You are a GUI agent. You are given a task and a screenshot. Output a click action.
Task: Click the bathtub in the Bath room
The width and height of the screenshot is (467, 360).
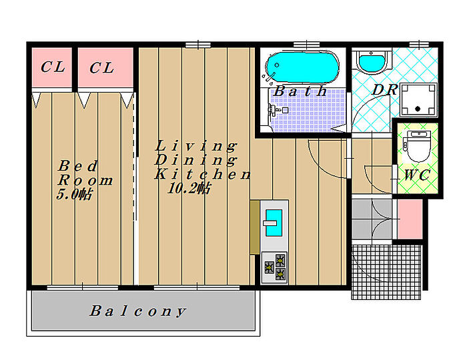pyautogui.click(x=302, y=67)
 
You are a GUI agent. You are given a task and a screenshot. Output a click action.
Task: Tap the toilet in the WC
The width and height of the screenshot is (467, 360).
pyautogui.click(x=418, y=147)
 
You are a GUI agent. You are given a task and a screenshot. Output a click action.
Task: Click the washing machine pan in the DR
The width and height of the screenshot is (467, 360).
pyautogui.click(x=418, y=100)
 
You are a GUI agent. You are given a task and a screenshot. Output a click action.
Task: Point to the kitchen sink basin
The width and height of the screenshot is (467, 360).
pyautogui.click(x=274, y=223)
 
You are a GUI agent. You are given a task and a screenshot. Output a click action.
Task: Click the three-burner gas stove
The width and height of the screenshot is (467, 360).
pyautogui.click(x=274, y=267)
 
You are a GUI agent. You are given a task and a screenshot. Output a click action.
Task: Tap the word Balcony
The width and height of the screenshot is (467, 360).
pyautogui.click(x=138, y=311)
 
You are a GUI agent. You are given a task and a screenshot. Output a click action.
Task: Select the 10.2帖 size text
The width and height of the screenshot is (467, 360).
pyautogui.click(x=189, y=188)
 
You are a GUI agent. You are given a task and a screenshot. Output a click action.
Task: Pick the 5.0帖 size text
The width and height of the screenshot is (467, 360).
pyautogui.click(x=74, y=194)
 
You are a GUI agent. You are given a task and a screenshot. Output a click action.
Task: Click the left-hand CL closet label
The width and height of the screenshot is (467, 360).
pyautogui.click(x=53, y=67)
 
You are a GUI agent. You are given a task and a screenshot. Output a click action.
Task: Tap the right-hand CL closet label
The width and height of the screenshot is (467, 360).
pyautogui.click(x=101, y=68)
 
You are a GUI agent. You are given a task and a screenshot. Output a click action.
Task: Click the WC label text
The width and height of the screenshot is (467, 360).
pyautogui.click(x=417, y=175)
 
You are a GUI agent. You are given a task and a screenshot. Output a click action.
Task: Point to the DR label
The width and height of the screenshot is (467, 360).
pyautogui.click(x=385, y=89)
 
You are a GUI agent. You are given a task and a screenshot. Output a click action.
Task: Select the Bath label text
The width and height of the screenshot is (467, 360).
pyautogui.click(x=300, y=91)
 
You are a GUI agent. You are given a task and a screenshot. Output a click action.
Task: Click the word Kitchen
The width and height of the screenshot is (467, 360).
pyautogui.click(x=203, y=174)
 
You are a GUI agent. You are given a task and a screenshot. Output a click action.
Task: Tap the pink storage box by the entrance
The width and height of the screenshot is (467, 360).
pyautogui.click(x=410, y=219)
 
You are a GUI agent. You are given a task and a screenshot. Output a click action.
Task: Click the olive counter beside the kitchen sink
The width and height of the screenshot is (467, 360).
pyautogui.click(x=254, y=227)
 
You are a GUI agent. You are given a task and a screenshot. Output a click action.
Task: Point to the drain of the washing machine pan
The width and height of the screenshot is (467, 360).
pyautogui.click(x=418, y=109)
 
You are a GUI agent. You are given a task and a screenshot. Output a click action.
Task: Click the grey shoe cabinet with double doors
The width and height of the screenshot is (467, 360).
pyautogui.click(x=372, y=219)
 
